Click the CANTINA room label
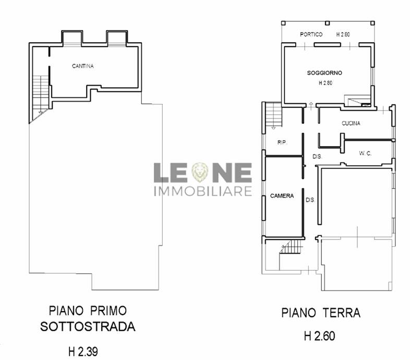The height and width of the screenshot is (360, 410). coord(83,66)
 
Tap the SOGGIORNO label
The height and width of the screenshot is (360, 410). coord(324,73)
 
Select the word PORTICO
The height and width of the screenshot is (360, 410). coord(311,34)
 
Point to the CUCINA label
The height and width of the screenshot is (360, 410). coord(351,123)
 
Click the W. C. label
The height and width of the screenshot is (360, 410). coord(365,153)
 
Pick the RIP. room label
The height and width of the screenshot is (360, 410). coord(282,142)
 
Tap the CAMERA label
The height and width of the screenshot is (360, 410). coord(282,196)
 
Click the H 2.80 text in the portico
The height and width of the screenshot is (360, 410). coord(343,34)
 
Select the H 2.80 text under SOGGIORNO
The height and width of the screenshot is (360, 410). coord(325,83)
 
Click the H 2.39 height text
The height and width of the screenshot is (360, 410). coord(83,352)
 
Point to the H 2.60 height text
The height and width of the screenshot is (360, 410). coord(320,336)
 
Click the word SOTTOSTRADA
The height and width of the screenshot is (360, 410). coord(88,327)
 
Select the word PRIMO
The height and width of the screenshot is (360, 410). coord(108,311)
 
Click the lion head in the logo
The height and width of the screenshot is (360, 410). coord(200,172)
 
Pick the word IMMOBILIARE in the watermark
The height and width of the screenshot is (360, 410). coord(203,191)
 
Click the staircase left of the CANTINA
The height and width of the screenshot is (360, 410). coord(41,94)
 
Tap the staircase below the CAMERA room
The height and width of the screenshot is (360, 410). coord(291,247)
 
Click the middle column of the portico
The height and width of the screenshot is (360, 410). coord(327,23)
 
